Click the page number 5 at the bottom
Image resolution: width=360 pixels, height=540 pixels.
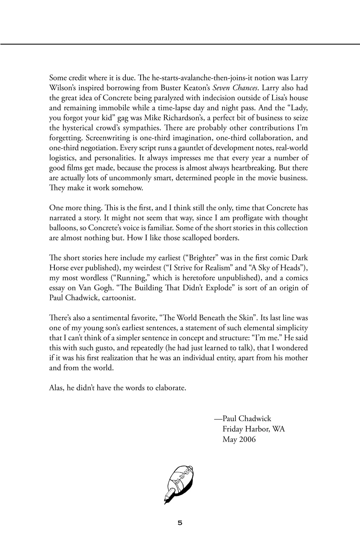[x=180, y=523]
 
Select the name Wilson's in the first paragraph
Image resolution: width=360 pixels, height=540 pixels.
[x=63, y=88]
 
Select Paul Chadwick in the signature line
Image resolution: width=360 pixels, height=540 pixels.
[x=247, y=418]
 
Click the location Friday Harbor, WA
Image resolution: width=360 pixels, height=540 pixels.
[x=253, y=429]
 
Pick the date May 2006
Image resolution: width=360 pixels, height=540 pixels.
[x=239, y=439]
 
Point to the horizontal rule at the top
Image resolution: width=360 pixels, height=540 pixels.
[x=180, y=44]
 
